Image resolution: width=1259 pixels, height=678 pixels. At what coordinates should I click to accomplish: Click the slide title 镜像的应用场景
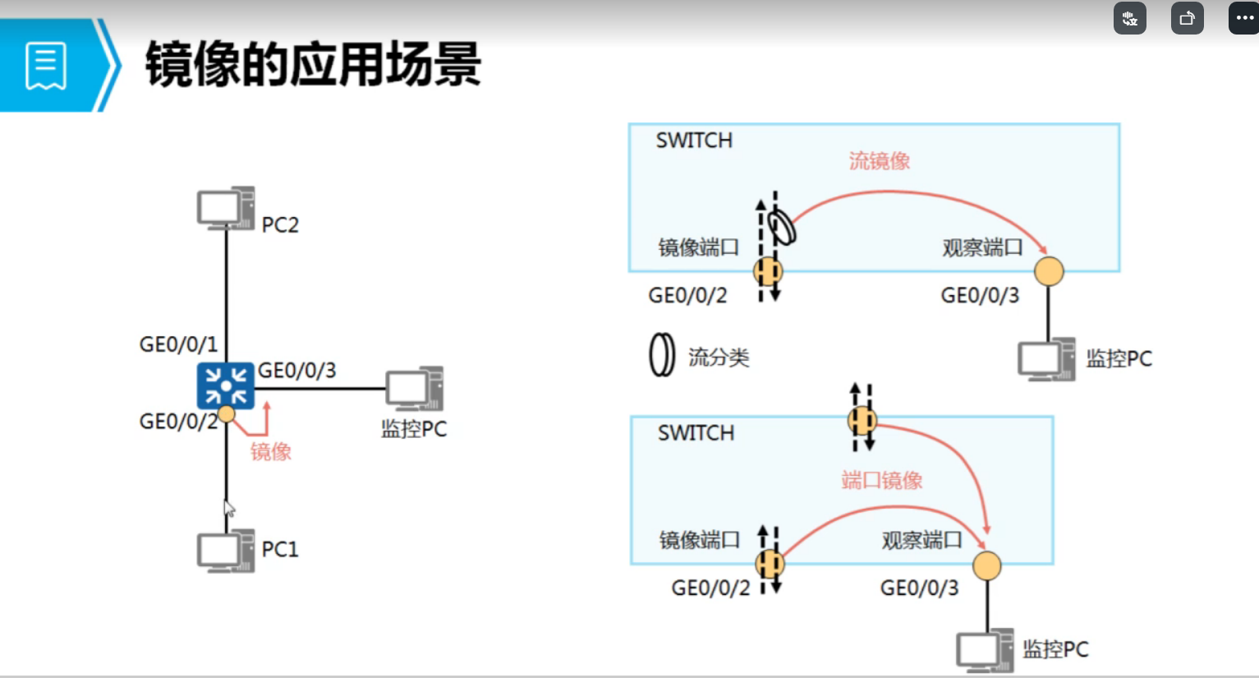tap(313, 65)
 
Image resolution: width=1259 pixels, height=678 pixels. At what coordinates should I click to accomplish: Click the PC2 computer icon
tap(224, 208)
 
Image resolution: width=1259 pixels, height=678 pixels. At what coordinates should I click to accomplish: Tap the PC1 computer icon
tap(224, 551)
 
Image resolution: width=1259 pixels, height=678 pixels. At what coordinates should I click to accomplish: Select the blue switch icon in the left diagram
tap(225, 385)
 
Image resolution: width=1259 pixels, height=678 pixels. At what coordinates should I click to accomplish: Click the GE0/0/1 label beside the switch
tap(178, 344)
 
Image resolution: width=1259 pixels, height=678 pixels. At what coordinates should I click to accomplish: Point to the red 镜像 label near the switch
tap(270, 451)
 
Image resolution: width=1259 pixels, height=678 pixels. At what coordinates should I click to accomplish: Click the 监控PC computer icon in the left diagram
tap(414, 389)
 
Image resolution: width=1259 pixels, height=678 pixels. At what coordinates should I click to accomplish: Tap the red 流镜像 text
tap(879, 161)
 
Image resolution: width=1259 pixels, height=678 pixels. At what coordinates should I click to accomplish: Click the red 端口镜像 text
tap(881, 480)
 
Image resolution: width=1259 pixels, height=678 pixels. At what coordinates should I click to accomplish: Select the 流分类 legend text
tap(719, 357)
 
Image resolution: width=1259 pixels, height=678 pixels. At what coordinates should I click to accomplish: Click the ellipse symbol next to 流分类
tap(661, 356)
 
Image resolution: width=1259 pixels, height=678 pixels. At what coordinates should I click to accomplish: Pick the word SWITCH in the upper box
tap(694, 141)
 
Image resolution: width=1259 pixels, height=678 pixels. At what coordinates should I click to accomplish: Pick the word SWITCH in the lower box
tap(696, 433)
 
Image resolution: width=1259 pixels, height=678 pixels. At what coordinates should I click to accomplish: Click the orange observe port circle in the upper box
tap(1049, 271)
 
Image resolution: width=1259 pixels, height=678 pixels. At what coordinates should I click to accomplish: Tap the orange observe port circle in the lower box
tap(986, 565)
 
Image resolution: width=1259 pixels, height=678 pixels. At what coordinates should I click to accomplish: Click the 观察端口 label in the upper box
tap(981, 247)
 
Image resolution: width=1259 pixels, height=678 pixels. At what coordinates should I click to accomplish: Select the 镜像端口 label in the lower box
tap(699, 540)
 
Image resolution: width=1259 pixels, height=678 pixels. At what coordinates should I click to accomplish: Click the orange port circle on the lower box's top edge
tap(862, 421)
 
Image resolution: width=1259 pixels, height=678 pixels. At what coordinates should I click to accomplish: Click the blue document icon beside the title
tap(46, 65)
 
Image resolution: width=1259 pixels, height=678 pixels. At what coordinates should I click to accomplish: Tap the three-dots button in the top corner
tap(1243, 18)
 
